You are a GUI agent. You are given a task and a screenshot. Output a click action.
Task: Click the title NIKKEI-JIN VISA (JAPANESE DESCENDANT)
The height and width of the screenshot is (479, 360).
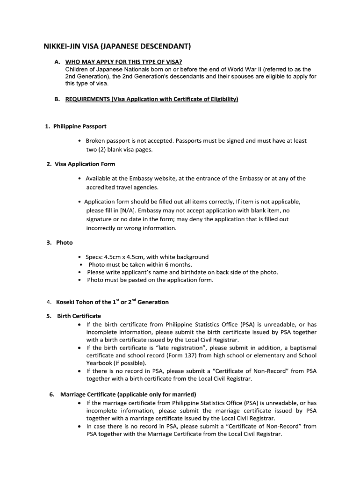click(117, 47)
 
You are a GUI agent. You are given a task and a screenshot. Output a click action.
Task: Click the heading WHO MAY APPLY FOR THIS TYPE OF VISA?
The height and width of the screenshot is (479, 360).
click(123, 62)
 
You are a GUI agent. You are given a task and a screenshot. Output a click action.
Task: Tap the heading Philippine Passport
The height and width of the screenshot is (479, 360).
click(79, 126)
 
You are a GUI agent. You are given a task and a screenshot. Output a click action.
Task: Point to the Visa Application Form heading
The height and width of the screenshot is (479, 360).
click(85, 164)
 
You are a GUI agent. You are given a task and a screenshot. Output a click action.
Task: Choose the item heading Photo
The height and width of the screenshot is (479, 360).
click(65, 242)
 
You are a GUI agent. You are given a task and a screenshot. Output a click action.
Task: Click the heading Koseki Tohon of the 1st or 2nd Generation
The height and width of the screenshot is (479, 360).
click(112, 302)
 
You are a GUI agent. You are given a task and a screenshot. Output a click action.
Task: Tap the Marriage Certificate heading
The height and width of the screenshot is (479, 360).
click(128, 394)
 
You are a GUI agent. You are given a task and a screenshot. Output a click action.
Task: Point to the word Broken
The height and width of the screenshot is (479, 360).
click(96, 141)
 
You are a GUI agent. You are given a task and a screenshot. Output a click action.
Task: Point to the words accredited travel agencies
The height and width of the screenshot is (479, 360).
click(122, 188)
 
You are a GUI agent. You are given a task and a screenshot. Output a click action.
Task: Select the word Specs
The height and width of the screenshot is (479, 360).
click(94, 257)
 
